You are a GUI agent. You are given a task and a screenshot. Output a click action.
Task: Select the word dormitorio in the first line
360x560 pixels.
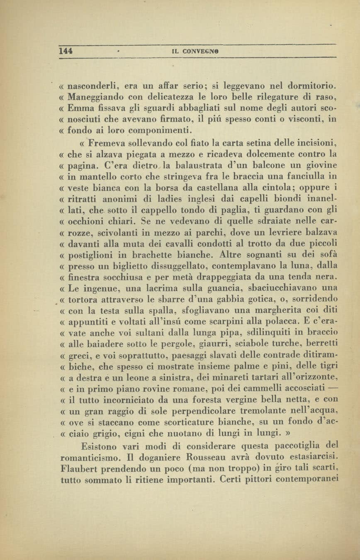(313, 87)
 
